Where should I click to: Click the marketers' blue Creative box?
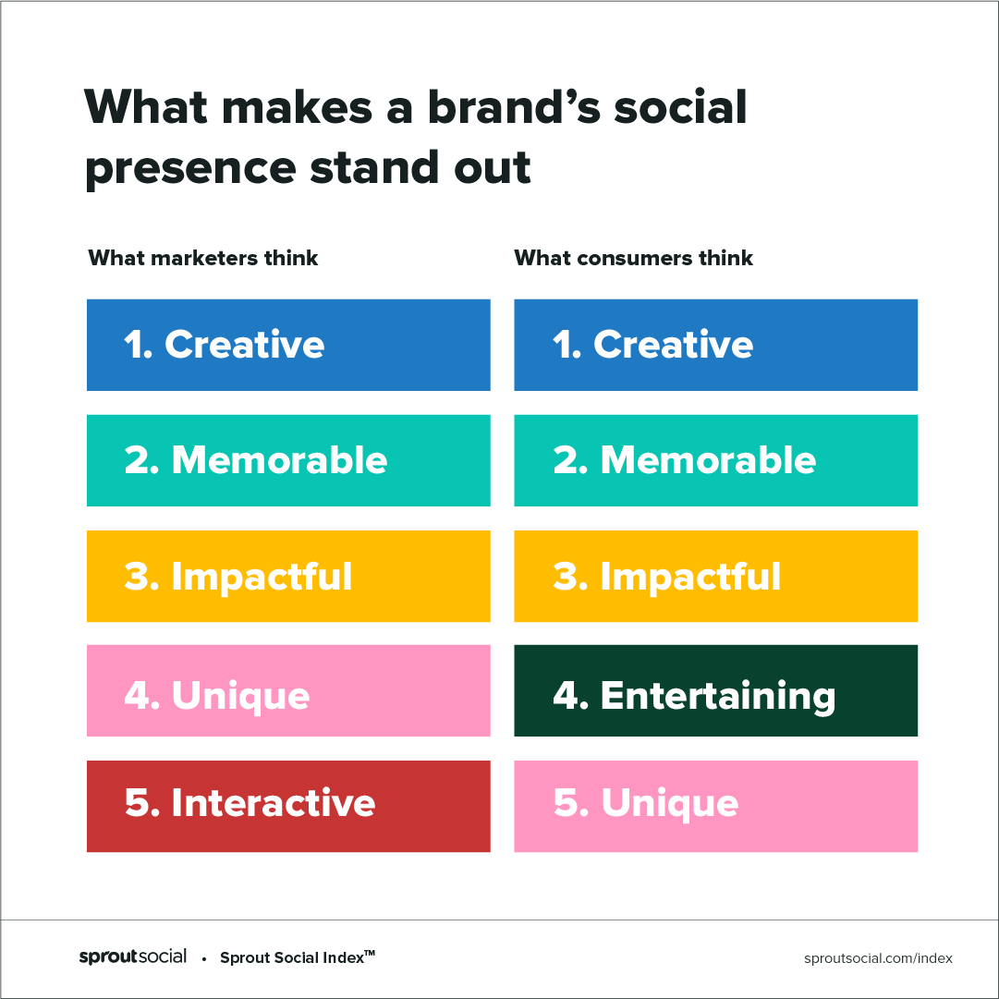288,345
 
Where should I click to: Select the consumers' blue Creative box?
715,345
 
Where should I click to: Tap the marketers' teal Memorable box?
288,460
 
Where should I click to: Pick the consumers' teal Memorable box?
715,460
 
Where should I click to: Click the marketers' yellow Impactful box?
288,576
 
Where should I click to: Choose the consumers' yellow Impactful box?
715,576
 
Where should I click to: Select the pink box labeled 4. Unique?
288,690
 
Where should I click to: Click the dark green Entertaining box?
715,690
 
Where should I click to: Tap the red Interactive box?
288,806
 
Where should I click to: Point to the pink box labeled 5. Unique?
715,806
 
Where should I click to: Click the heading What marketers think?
203,258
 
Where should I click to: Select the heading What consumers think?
633,258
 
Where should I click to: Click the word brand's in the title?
514,106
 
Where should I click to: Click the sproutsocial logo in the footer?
132,956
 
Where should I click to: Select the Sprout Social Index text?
298,956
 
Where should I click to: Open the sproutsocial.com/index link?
878,958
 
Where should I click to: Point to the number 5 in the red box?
138,802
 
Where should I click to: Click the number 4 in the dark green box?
567,694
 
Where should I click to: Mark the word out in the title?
492,167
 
